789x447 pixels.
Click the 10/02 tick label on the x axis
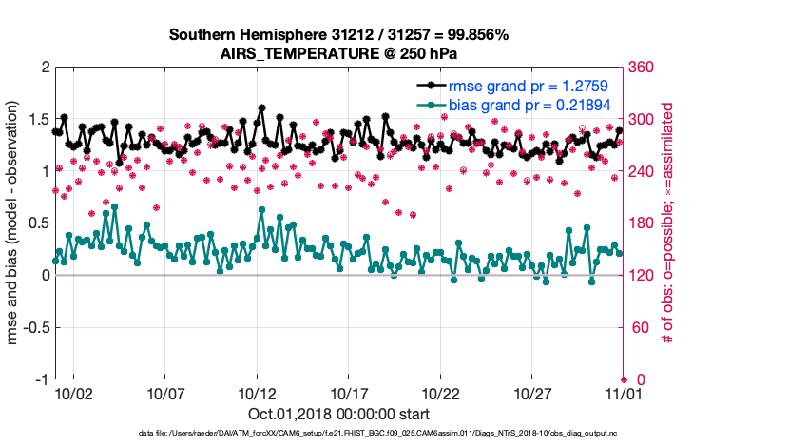[74, 392]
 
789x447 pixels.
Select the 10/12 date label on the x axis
[256, 392]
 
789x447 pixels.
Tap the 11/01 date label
[623, 392]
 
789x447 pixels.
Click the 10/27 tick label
[531, 392]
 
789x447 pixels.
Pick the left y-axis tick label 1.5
[37, 120]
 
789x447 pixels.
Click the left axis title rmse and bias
[13, 223]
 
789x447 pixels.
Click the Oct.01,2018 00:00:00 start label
[339, 414]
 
